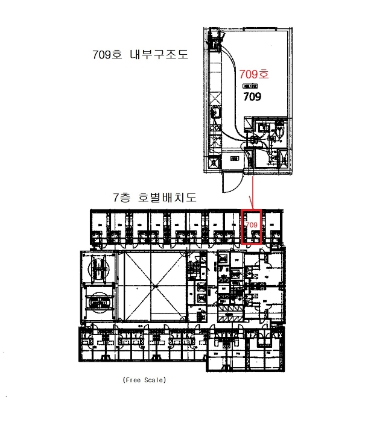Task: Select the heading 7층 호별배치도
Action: point(155,197)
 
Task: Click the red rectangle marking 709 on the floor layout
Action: point(252,227)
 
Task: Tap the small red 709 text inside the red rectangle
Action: point(252,224)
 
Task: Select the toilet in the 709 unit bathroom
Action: point(279,129)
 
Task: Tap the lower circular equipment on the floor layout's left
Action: point(98,300)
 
